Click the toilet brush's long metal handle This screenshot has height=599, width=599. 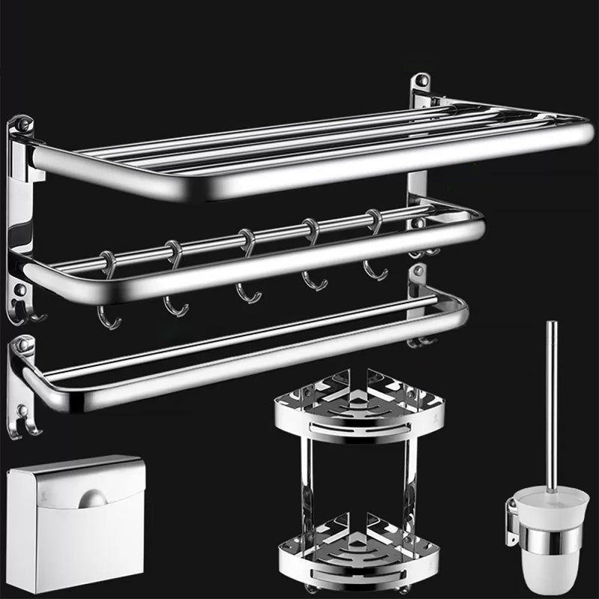(551, 404)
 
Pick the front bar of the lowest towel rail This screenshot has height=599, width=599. (247, 367)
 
